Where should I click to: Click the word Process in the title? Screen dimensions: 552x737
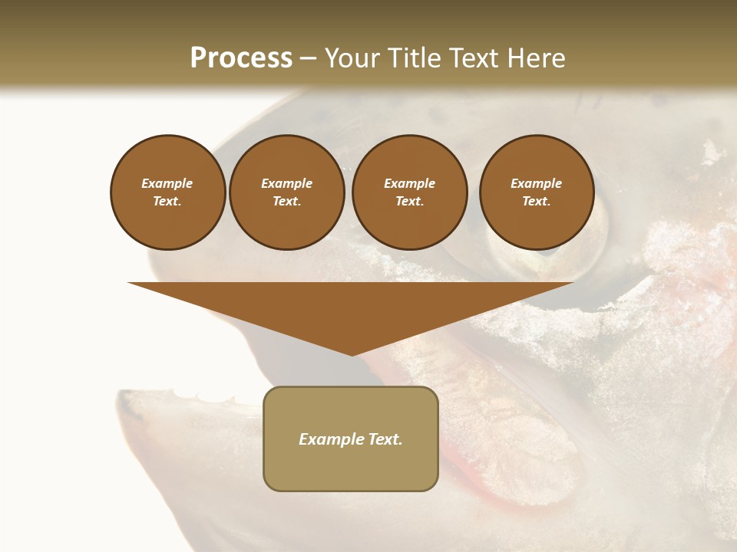(x=241, y=58)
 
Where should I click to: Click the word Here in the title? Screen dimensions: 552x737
(x=536, y=58)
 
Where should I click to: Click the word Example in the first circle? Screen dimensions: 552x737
(x=167, y=183)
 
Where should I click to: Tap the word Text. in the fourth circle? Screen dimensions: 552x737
(x=537, y=201)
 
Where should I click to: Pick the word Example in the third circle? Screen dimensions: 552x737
(x=409, y=183)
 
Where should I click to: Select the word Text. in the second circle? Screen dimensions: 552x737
(x=287, y=201)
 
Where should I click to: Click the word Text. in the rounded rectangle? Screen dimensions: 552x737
(x=384, y=439)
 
